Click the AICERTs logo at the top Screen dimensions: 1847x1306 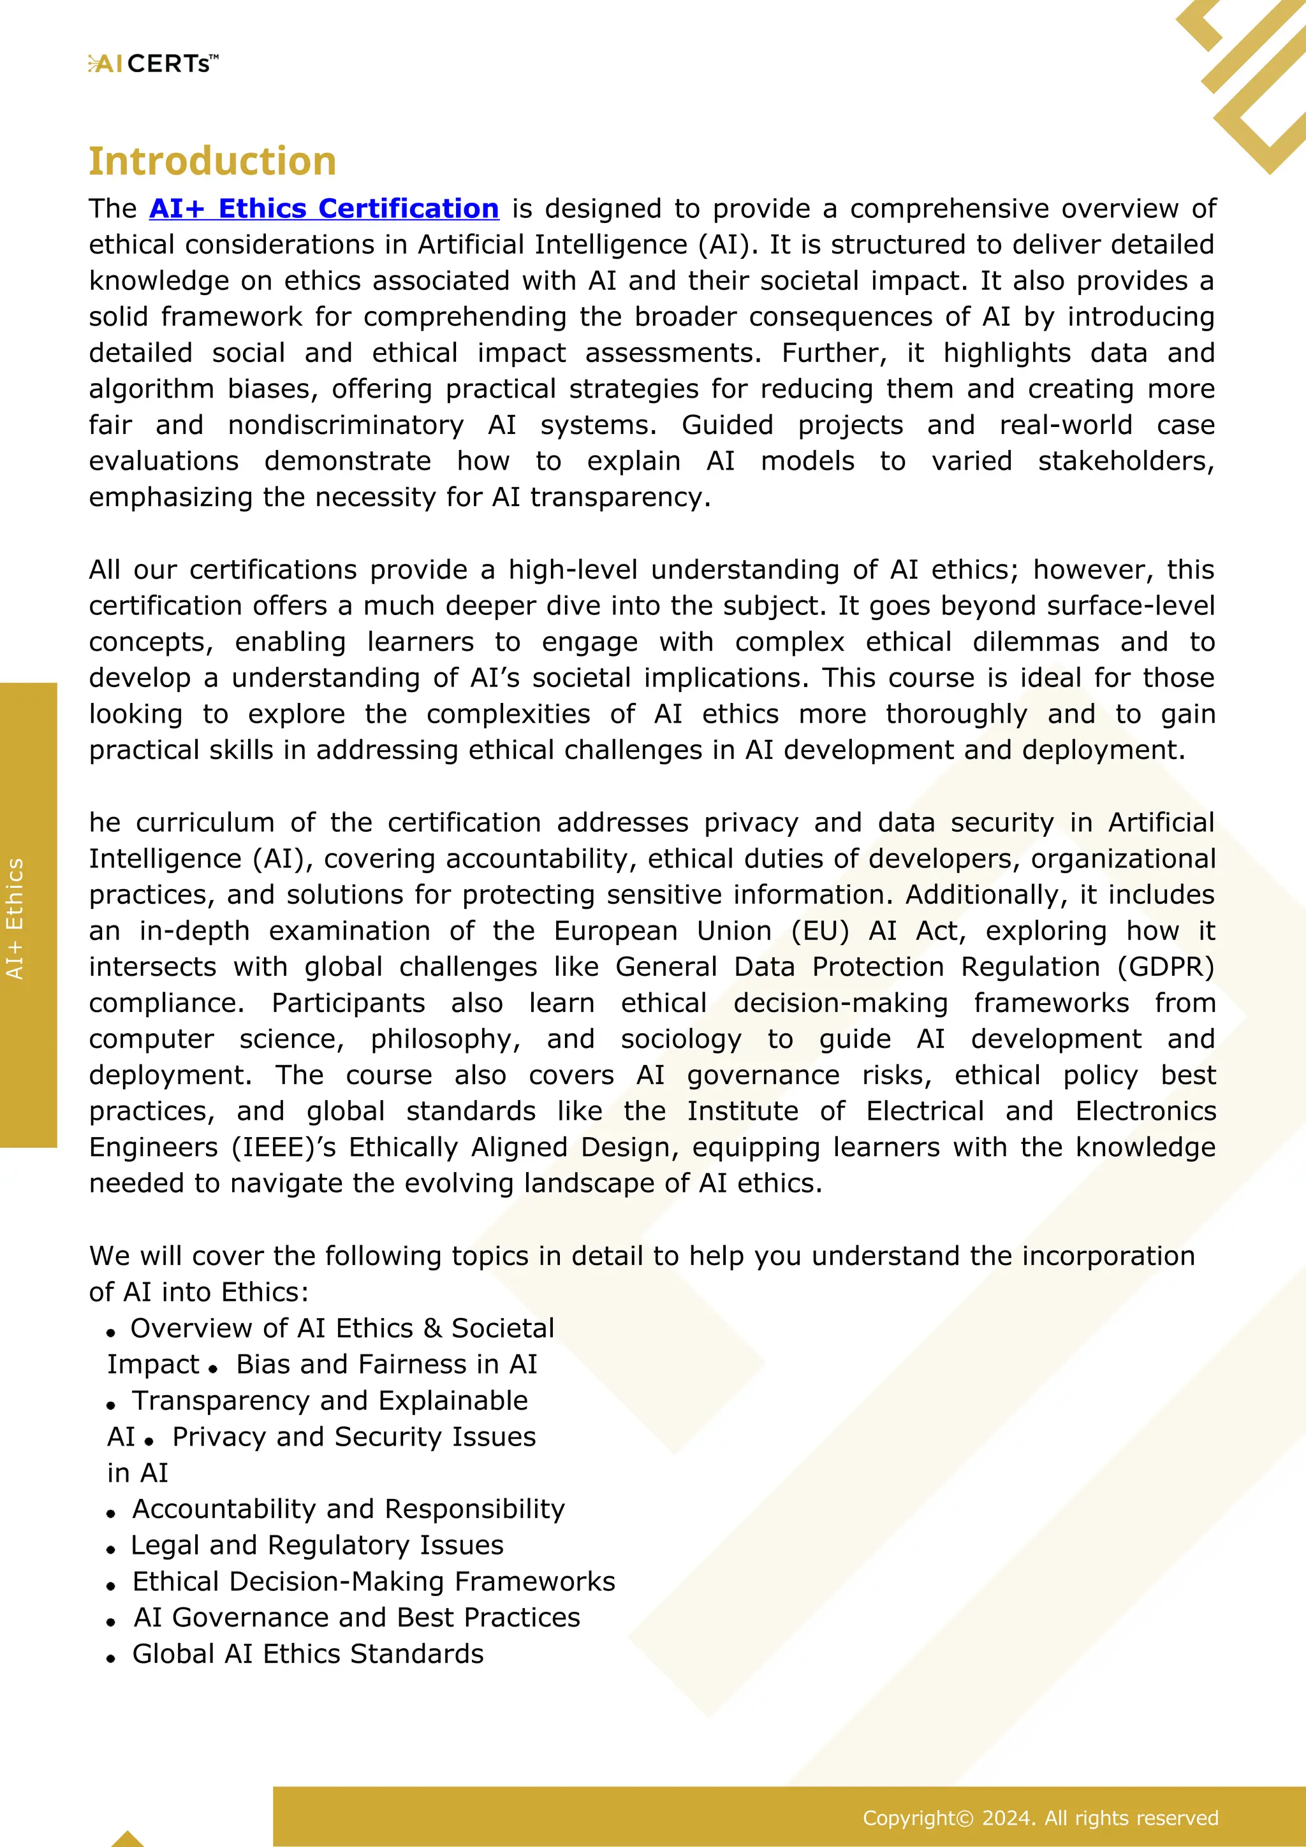coord(153,64)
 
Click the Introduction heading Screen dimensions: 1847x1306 coord(212,161)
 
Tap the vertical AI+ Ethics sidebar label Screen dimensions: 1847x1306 coord(15,918)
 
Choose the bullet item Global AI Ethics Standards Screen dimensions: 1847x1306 coord(307,1653)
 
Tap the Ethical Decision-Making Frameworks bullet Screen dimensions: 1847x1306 coord(374,1581)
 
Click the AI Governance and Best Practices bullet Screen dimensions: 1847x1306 coord(356,1617)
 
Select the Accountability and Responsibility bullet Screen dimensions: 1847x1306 coord(348,1509)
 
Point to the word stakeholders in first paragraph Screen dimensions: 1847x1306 coord(1125,461)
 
